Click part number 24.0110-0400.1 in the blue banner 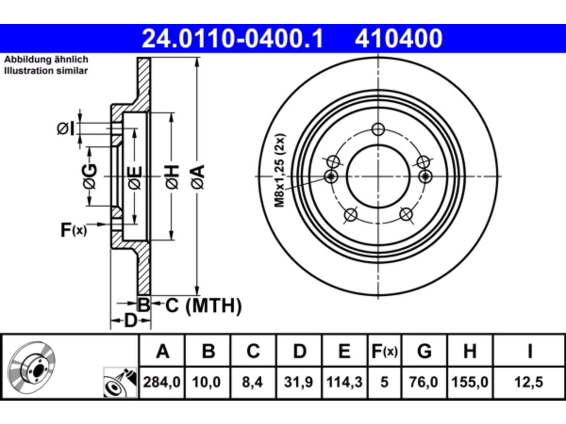click(232, 38)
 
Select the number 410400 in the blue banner click(399, 38)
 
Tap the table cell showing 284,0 click(162, 382)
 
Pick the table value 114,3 click(344, 382)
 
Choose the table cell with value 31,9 click(298, 382)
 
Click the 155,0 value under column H click(470, 382)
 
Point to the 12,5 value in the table click(528, 382)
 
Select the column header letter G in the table click(424, 351)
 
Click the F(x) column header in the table click(384, 351)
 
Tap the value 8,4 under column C click(252, 382)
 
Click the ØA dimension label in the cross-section click(198, 178)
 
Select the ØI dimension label click(65, 129)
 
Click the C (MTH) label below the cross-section click(203, 306)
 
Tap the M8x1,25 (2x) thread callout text click(279, 170)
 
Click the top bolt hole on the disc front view click(378, 129)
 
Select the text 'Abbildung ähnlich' click(46, 60)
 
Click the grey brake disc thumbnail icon click(31, 368)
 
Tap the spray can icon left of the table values click(120, 382)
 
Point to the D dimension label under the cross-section click(130, 321)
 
